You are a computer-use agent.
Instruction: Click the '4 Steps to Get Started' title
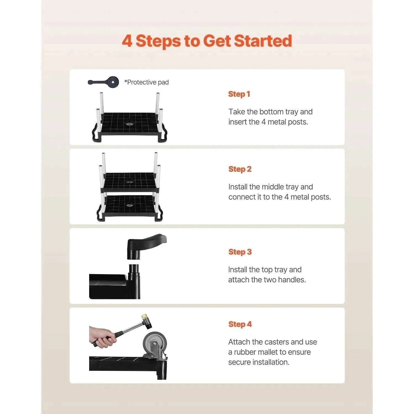tap(207, 41)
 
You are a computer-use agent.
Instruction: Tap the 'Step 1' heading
tap(239, 94)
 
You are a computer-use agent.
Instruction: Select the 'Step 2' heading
tap(240, 169)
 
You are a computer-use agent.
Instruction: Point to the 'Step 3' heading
tap(240, 252)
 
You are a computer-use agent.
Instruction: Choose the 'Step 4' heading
tap(240, 324)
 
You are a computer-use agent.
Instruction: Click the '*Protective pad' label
tap(146, 82)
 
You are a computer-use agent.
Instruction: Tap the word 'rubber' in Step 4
tap(245, 352)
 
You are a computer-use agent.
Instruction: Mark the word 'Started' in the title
tap(263, 41)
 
